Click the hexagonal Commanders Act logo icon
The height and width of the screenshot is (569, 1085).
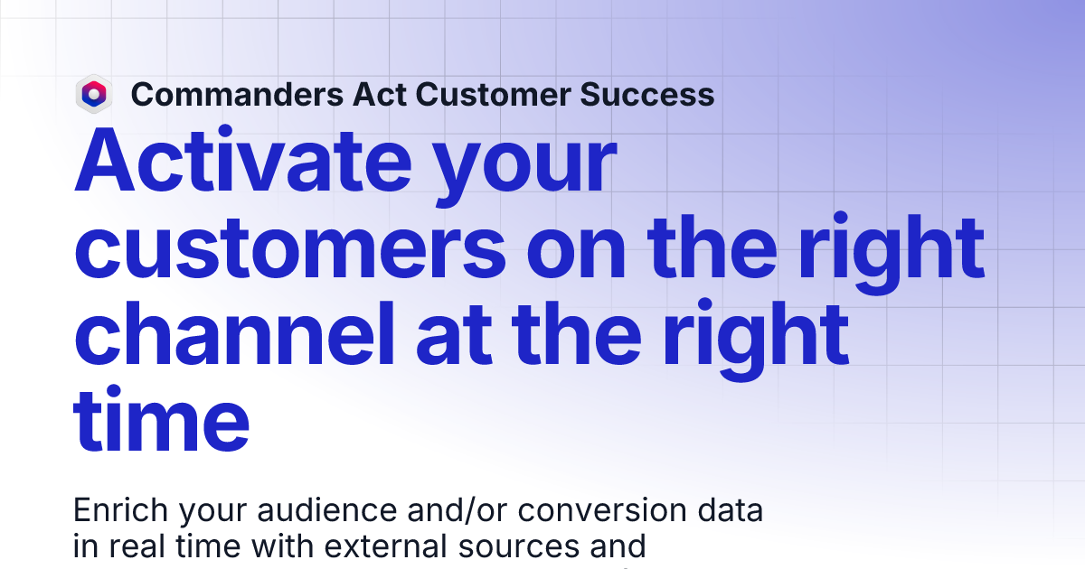coord(93,94)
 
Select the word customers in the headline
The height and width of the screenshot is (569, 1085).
coord(287,248)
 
